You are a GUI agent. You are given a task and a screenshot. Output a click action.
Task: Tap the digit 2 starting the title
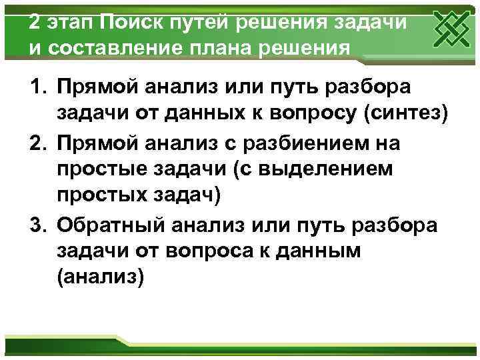pyautogui.click(x=35, y=22)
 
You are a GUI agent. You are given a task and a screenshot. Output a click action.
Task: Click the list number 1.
pyautogui.click(x=37, y=87)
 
